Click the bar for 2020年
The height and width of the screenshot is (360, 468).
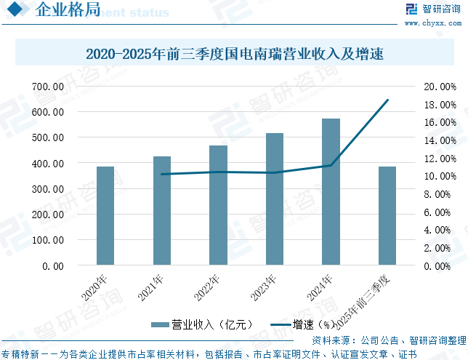(x=105, y=215)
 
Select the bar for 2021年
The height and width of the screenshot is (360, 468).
(x=162, y=210)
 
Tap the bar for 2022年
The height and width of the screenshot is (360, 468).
(x=218, y=205)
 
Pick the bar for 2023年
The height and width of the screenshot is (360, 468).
(x=275, y=199)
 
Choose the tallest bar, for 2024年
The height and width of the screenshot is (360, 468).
(x=331, y=191)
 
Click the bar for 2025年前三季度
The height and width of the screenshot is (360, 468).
(x=387, y=215)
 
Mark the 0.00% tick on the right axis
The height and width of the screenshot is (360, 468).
(x=440, y=266)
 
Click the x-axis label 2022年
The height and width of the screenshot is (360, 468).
(x=206, y=289)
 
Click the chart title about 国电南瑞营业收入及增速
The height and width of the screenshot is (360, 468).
(x=234, y=54)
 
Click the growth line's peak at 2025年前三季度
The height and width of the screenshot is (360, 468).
(x=387, y=100)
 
